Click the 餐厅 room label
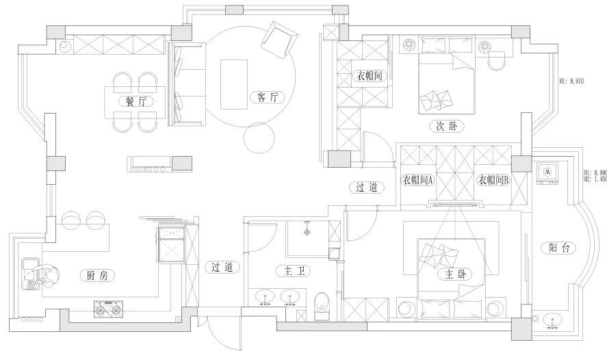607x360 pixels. pos(135,101)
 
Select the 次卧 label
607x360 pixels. pos(447,126)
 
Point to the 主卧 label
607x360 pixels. pos(454,274)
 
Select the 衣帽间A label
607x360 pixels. pos(418,181)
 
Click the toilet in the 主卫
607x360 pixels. pos(320,304)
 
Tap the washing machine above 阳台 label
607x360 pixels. pos(549,173)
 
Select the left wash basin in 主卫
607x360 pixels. pos(266,298)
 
